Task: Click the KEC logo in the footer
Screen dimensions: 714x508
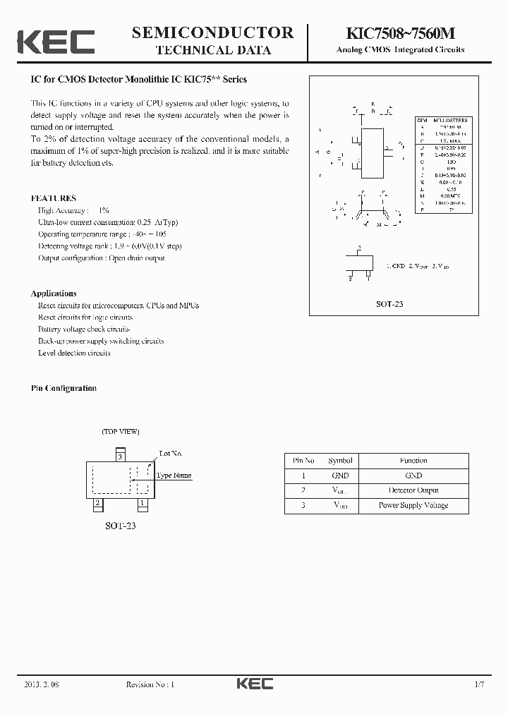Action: (x=254, y=684)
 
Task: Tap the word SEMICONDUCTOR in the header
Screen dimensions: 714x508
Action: (x=212, y=32)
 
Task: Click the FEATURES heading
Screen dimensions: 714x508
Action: (x=54, y=198)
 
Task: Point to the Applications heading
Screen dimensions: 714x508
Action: (x=54, y=293)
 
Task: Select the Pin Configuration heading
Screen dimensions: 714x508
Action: (x=64, y=388)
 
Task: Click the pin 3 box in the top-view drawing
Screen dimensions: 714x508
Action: (x=121, y=456)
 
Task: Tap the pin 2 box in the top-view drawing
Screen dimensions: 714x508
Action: (x=97, y=503)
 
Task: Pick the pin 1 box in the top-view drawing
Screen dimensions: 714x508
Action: (x=143, y=503)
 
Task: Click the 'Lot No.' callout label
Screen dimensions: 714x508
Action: (x=171, y=453)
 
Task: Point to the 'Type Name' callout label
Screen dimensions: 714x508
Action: (x=174, y=475)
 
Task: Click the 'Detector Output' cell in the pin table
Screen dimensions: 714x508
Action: (x=413, y=490)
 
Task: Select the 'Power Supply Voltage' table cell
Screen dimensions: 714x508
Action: (x=413, y=505)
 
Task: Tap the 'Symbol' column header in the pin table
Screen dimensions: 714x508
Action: (x=340, y=460)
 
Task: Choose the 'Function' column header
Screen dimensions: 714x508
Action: (x=413, y=460)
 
